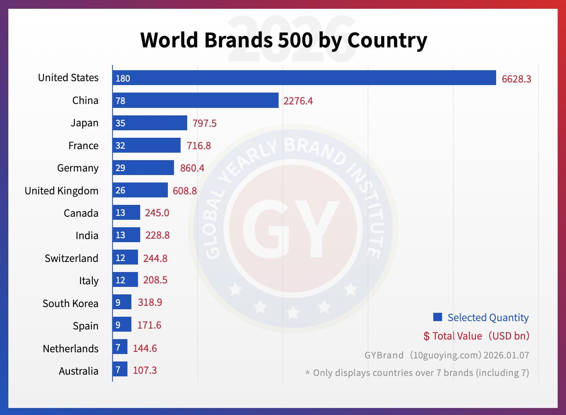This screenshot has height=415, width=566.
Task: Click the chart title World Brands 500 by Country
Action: [x=283, y=40]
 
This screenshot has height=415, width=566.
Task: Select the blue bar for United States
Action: [x=304, y=78]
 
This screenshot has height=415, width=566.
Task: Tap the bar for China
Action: [x=196, y=100]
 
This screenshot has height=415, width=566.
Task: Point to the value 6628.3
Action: [x=516, y=79]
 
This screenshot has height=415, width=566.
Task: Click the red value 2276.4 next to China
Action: [x=298, y=101]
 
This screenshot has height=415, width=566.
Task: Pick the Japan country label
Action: [x=84, y=123]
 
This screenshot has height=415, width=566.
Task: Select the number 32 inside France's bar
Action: [x=120, y=146]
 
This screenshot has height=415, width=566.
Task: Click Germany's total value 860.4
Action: [x=192, y=168]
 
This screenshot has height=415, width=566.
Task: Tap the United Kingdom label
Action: [x=62, y=191]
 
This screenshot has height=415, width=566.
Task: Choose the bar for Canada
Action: [x=127, y=213]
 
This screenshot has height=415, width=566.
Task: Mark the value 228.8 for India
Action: [x=157, y=236]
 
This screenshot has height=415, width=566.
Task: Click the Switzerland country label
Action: [x=72, y=258]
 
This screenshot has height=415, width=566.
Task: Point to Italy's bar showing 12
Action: [x=125, y=280]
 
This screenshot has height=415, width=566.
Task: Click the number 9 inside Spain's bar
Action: [x=118, y=325]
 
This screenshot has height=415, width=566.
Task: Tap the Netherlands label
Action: [x=71, y=349]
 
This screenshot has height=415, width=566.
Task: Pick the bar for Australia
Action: [x=120, y=370]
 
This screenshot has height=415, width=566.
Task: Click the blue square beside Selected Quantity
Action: [x=437, y=317]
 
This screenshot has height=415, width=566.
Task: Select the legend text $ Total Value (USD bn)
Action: [x=476, y=336]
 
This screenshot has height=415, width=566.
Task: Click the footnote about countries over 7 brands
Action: [x=417, y=373]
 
